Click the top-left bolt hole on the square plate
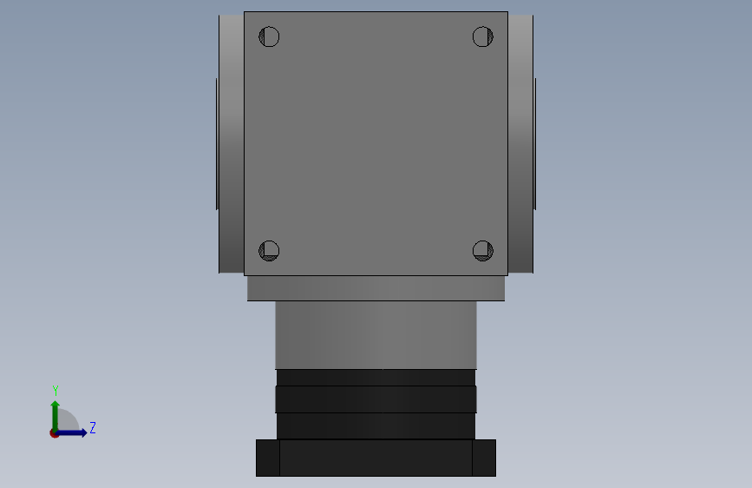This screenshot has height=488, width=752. (269, 36)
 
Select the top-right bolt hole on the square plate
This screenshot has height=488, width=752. (483, 36)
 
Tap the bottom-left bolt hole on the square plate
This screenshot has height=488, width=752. (269, 251)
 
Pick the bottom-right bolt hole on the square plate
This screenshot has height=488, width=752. (483, 251)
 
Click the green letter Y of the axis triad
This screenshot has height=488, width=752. (56, 391)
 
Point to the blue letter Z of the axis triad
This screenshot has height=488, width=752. (92, 428)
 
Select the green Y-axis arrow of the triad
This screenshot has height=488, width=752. (55, 412)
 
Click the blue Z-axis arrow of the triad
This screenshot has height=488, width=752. (74, 432)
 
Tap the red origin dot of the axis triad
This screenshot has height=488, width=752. (55, 433)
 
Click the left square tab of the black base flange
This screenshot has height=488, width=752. (268, 458)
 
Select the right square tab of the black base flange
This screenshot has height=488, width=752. (484, 458)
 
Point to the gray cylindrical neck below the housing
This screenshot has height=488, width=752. (376, 334)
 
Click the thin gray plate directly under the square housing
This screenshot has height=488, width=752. (376, 288)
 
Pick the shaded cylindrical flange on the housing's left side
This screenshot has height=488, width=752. (232, 143)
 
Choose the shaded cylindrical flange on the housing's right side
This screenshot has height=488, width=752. (520, 143)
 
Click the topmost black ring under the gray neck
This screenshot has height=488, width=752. (376, 378)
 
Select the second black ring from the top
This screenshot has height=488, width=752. (376, 399)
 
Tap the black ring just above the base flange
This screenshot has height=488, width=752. (376, 425)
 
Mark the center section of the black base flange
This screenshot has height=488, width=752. (376, 458)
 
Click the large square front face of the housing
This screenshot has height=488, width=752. (376, 143)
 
